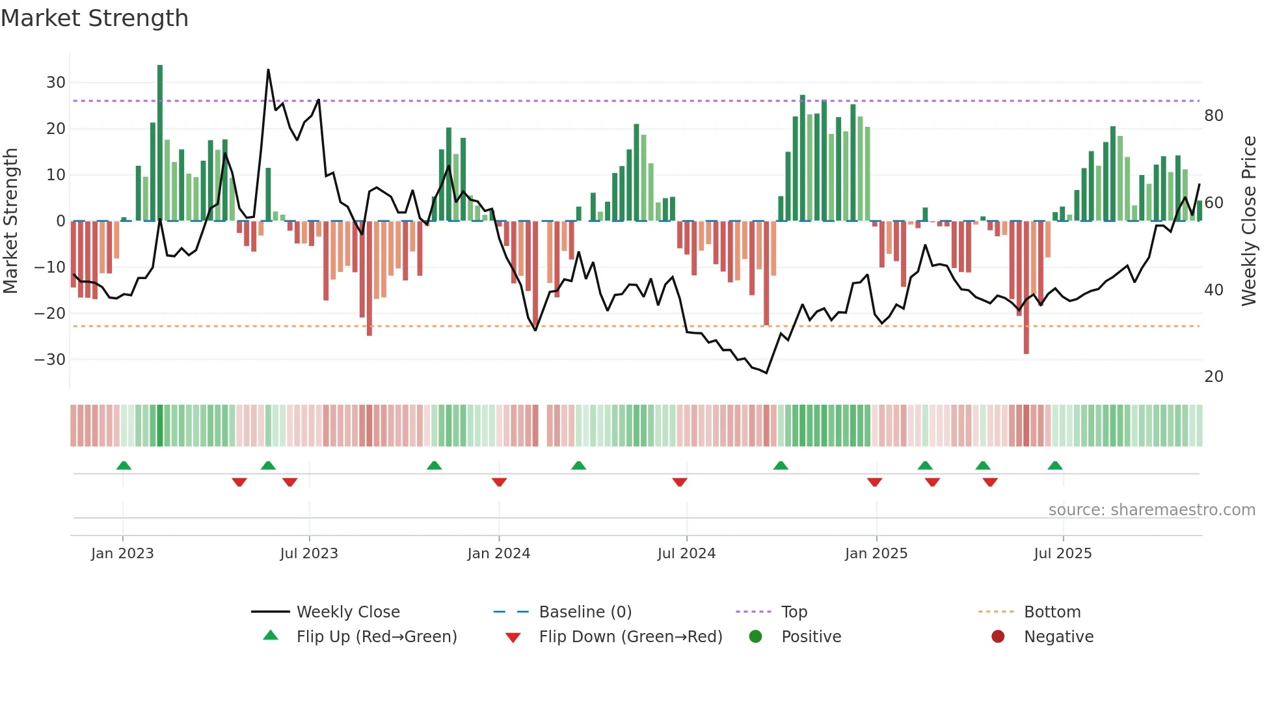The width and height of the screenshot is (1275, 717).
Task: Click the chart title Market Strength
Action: pos(94,18)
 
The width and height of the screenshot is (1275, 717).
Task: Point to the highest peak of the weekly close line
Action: pos(268,70)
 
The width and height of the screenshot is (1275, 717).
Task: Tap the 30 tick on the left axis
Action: pos(56,83)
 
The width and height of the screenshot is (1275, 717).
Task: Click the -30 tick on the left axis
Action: pos(51,360)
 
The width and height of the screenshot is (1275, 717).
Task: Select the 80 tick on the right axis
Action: pos(1214,116)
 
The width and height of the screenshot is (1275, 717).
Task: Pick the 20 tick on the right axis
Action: pos(1214,377)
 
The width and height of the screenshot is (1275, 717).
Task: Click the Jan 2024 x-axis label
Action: pos(499,554)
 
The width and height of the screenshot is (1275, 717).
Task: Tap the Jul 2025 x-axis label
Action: pos(1063,554)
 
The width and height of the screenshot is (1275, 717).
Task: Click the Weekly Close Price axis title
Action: pos(1249,221)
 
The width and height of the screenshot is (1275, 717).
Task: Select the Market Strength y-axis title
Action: pos(11,221)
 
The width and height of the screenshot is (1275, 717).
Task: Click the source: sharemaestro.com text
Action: pos(1151,510)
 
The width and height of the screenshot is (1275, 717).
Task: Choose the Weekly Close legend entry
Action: pos(348,612)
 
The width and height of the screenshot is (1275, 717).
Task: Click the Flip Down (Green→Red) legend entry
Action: pos(630,637)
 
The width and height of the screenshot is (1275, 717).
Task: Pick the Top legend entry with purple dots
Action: pos(794,612)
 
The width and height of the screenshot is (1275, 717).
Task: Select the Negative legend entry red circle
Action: pos(998,637)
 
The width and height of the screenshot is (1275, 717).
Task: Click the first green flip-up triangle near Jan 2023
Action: pos(124,465)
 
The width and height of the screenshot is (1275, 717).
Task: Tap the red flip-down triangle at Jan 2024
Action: pos(499,482)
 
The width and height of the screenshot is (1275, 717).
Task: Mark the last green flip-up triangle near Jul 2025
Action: pos(1055,465)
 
